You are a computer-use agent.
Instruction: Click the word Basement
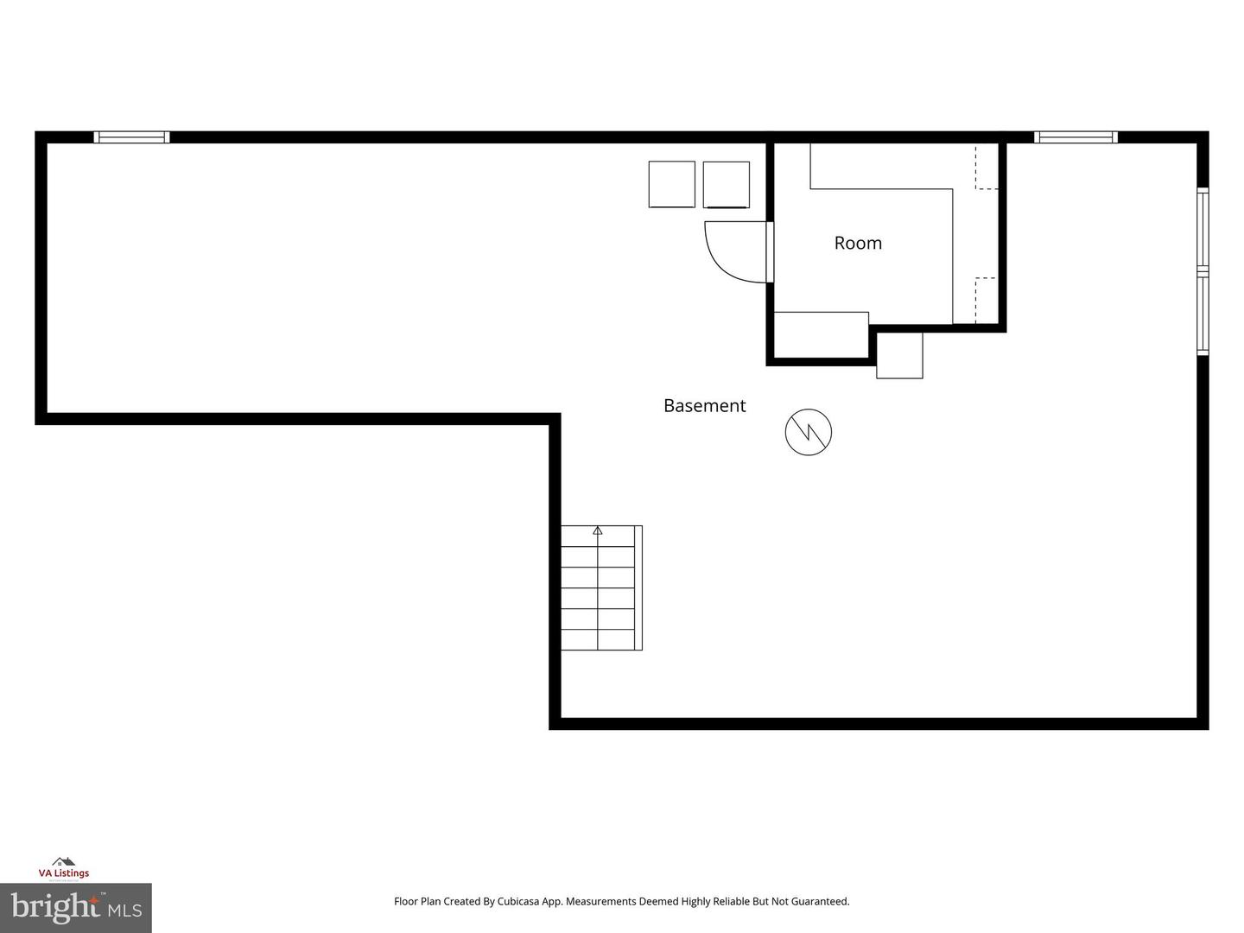pos(704,406)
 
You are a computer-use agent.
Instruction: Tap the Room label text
pos(858,244)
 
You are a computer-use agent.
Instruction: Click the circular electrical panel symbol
pos(808,432)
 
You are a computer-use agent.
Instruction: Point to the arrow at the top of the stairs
pos(597,530)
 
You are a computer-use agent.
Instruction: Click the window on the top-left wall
pos(131,136)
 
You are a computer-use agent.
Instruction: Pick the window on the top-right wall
pos(1076,136)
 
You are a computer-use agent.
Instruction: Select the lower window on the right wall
pos(1202,313)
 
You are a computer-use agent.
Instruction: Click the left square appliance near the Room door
pos(671,184)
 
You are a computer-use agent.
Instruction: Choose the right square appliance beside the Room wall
pos(726,184)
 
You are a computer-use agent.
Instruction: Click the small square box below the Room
pos(899,355)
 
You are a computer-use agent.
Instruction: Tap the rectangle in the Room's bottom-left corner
pos(821,333)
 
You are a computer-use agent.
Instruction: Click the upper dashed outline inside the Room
pos(987,167)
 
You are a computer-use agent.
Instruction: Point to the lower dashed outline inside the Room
pos(986,300)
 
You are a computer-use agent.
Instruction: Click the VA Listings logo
pos(63,868)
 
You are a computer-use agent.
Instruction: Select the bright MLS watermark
pos(75,907)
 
